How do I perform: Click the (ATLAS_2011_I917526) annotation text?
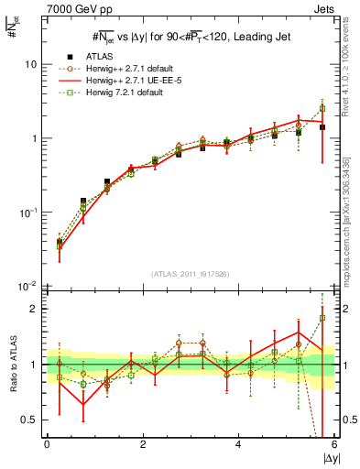click(184, 274)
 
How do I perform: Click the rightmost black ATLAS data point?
click(322, 127)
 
